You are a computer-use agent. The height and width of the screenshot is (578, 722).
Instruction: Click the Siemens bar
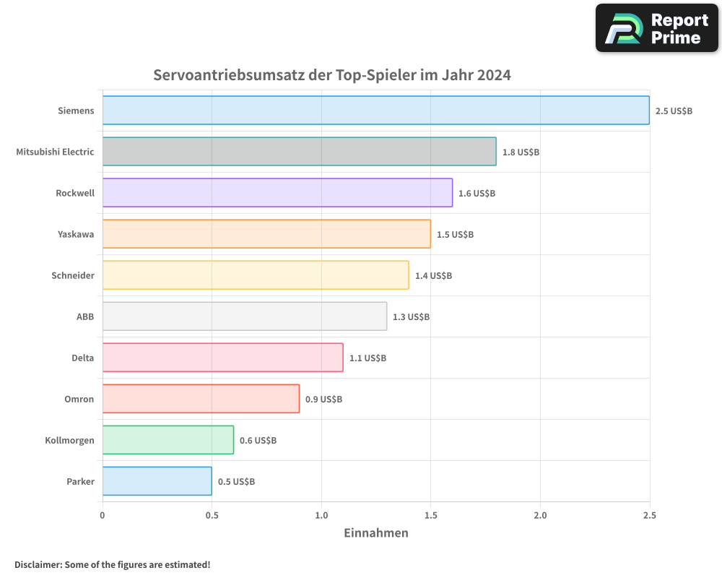pos(375,111)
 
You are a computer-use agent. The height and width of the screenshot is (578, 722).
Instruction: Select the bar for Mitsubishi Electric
pos(299,152)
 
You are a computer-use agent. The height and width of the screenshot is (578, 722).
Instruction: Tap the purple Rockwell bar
pos(277,193)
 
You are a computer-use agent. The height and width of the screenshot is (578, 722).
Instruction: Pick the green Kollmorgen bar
pos(168,440)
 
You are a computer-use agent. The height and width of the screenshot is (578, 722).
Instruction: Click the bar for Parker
pos(157,481)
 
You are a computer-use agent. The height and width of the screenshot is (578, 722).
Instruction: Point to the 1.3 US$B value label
pos(411,316)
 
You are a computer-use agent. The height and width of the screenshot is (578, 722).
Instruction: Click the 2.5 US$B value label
pos(674,111)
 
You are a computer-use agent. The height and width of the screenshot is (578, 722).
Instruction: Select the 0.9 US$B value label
pos(323,399)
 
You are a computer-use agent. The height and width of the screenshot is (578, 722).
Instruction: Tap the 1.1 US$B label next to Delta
pos(367,358)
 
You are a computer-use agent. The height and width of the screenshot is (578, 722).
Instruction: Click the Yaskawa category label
pos(76,234)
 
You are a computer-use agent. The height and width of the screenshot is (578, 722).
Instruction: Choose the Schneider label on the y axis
pos(73,275)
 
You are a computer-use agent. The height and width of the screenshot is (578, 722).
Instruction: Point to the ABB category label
pos(85,316)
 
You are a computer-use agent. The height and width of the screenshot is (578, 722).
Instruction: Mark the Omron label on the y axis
pos(79,399)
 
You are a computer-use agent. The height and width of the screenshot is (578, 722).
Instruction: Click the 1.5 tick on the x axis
pos(430,515)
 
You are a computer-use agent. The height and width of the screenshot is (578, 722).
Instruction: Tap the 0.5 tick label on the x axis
pos(212,515)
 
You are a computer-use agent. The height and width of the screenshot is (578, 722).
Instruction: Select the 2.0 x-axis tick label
pos(540,515)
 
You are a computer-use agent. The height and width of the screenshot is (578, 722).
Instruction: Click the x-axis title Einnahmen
pos(375,533)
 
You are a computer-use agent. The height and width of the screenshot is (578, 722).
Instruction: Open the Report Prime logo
pos(656,28)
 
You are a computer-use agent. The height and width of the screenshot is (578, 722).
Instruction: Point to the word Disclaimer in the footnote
pos(38,564)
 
